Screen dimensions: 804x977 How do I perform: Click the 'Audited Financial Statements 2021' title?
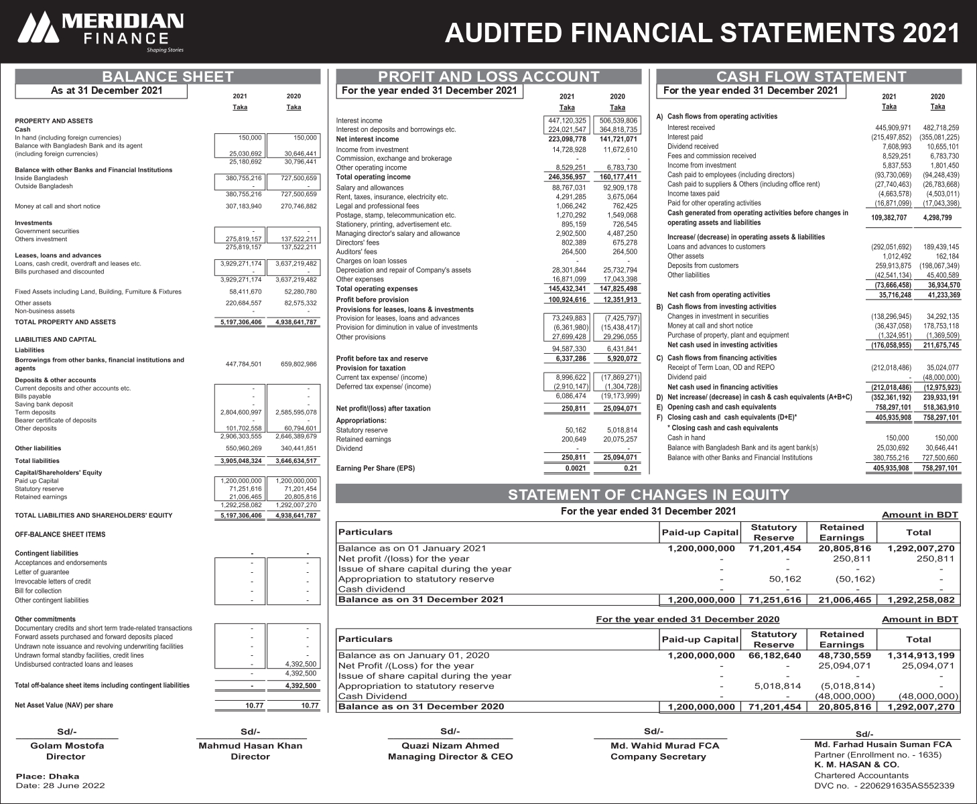(x=702, y=32)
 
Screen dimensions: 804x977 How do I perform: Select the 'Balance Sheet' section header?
(x=168, y=77)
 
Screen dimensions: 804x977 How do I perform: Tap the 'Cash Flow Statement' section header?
(x=810, y=77)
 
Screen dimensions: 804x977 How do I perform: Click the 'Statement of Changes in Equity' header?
(x=648, y=495)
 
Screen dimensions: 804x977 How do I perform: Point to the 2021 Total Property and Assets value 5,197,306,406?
(x=241, y=322)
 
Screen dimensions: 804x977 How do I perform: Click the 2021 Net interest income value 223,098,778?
(x=567, y=139)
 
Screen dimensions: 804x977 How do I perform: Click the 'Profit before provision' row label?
(x=372, y=299)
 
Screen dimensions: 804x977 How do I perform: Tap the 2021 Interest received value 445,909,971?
(x=889, y=127)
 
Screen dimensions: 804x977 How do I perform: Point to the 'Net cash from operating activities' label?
(x=718, y=295)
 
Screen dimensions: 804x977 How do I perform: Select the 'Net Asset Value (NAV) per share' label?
(x=64, y=705)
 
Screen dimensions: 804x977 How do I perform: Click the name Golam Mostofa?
(x=67, y=746)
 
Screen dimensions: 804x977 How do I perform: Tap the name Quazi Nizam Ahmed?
(x=450, y=746)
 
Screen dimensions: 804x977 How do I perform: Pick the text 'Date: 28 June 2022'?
(x=60, y=785)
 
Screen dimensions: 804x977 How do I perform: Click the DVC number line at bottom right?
(x=884, y=785)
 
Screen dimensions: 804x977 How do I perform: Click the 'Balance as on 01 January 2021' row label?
(x=412, y=548)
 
